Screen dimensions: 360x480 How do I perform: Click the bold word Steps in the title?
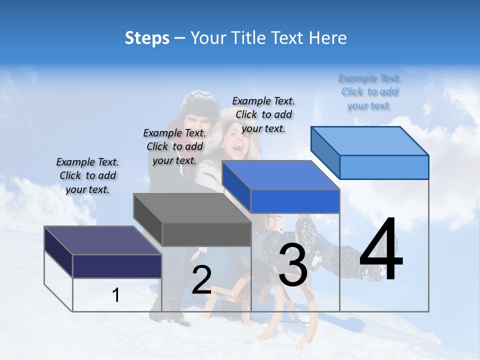pyautogui.click(x=147, y=38)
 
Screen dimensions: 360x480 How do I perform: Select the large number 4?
pyautogui.click(x=381, y=250)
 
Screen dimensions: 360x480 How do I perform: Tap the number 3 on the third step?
pyautogui.click(x=293, y=264)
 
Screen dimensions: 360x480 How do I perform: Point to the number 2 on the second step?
pyautogui.click(x=201, y=279)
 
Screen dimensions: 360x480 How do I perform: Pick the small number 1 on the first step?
pyautogui.click(x=116, y=295)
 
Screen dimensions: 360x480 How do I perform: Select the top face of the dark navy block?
pyautogui.click(x=102, y=240)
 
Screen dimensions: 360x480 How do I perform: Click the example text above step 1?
pyautogui.click(x=87, y=175)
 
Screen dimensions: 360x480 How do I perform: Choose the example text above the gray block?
pyautogui.click(x=174, y=146)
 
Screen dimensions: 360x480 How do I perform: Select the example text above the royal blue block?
pyautogui.click(x=263, y=114)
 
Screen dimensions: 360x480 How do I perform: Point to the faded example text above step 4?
pyautogui.click(x=369, y=91)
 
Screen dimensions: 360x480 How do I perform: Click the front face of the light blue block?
pyautogui.click(x=384, y=167)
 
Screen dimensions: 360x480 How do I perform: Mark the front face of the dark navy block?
pyautogui.click(x=117, y=266)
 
